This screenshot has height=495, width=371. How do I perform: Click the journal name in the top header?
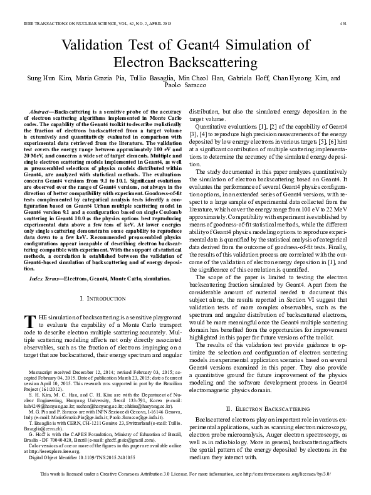pos(88,23)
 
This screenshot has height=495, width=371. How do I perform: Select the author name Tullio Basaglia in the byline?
pos(140,78)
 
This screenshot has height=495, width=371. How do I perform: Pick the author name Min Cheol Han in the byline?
pos(193,78)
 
